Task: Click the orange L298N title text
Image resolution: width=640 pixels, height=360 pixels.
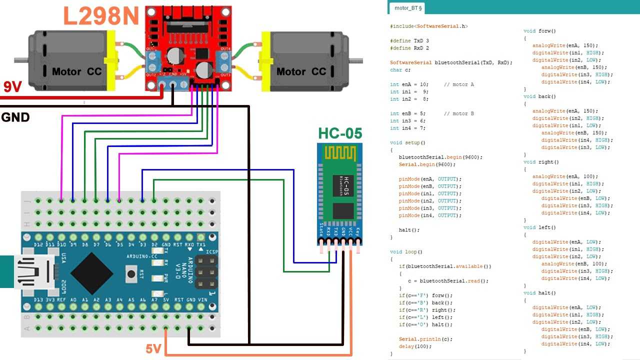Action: [101, 16]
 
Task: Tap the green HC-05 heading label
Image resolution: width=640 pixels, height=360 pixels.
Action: [340, 134]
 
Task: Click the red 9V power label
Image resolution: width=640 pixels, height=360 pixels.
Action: [12, 87]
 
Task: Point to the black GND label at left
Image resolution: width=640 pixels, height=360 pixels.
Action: [15, 118]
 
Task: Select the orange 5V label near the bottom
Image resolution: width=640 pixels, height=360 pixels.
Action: [153, 348]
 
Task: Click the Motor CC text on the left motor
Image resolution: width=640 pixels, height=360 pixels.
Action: [76, 71]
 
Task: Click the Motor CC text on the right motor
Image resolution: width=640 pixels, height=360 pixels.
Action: [301, 71]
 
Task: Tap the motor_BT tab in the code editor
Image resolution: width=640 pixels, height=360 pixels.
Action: [408, 7]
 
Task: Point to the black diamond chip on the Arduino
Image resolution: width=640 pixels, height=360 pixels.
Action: [92, 273]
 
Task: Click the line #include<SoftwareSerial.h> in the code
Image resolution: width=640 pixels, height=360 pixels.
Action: [428, 26]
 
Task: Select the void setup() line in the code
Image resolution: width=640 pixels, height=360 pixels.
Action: [407, 142]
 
